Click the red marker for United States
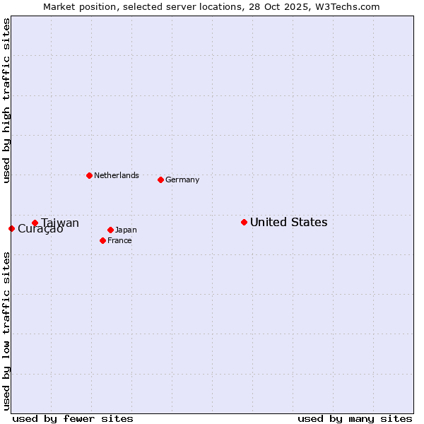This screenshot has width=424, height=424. tap(244, 222)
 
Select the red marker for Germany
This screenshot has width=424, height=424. tap(160, 179)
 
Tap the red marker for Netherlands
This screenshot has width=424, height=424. tap(89, 175)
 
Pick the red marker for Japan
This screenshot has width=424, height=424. tap(110, 230)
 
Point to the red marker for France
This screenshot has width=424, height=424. tap(102, 240)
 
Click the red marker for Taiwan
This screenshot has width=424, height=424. tap(35, 223)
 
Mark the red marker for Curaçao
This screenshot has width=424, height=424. tap(11, 228)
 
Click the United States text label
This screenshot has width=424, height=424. tap(288, 223)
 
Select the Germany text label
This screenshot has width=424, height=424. tap(182, 180)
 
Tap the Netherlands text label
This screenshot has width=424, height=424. tap(117, 176)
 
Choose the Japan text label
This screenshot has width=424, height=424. tap(126, 230)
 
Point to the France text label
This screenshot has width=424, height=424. tap(119, 241)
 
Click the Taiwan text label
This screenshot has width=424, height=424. tap(60, 223)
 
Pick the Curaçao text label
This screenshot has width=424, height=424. tap(40, 229)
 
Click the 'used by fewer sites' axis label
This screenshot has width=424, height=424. tap(73, 418)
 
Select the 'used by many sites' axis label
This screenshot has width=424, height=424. tap(355, 418)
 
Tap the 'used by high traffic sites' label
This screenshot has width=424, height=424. tap(6, 100)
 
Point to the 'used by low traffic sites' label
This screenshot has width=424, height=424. tap(6, 330)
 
